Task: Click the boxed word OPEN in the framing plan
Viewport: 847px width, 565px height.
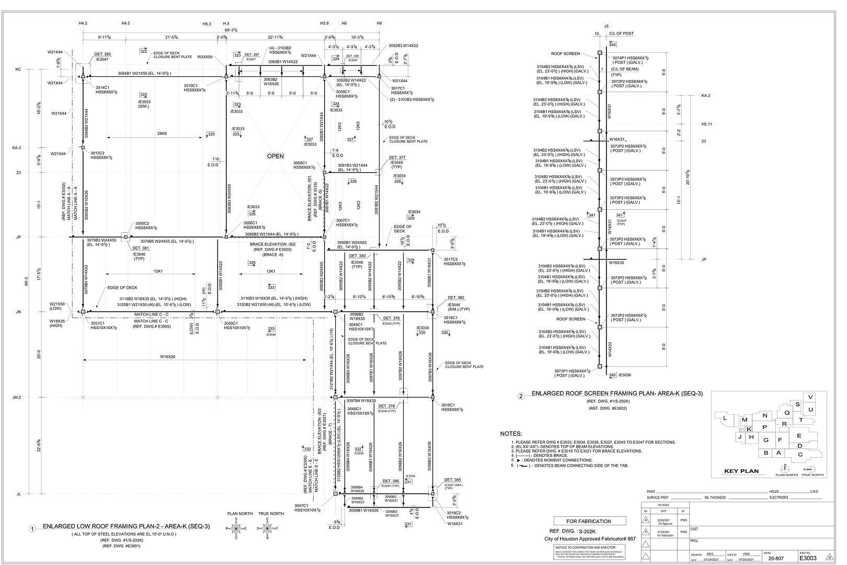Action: [276, 156]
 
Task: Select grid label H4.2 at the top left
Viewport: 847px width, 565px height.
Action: [83, 23]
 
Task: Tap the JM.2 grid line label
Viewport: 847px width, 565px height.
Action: [17, 398]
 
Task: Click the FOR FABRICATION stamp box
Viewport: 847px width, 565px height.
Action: [589, 521]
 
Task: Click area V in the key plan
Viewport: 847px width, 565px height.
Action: [810, 397]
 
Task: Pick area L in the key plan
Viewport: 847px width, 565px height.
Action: [725, 419]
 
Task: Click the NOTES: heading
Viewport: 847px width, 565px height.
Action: [511, 434]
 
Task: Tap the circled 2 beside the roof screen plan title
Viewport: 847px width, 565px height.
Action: [521, 396]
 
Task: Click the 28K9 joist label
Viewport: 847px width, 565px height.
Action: [162, 134]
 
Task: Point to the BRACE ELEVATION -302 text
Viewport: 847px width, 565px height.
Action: [272, 244]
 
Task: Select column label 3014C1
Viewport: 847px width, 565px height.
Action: [102, 87]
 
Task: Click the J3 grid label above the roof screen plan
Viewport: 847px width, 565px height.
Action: [606, 26]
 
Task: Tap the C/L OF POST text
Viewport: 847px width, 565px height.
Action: [621, 33]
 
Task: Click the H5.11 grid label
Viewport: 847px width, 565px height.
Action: [707, 125]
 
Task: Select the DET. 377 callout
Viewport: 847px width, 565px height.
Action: [397, 157]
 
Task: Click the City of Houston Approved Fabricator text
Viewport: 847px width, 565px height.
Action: [587, 538]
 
